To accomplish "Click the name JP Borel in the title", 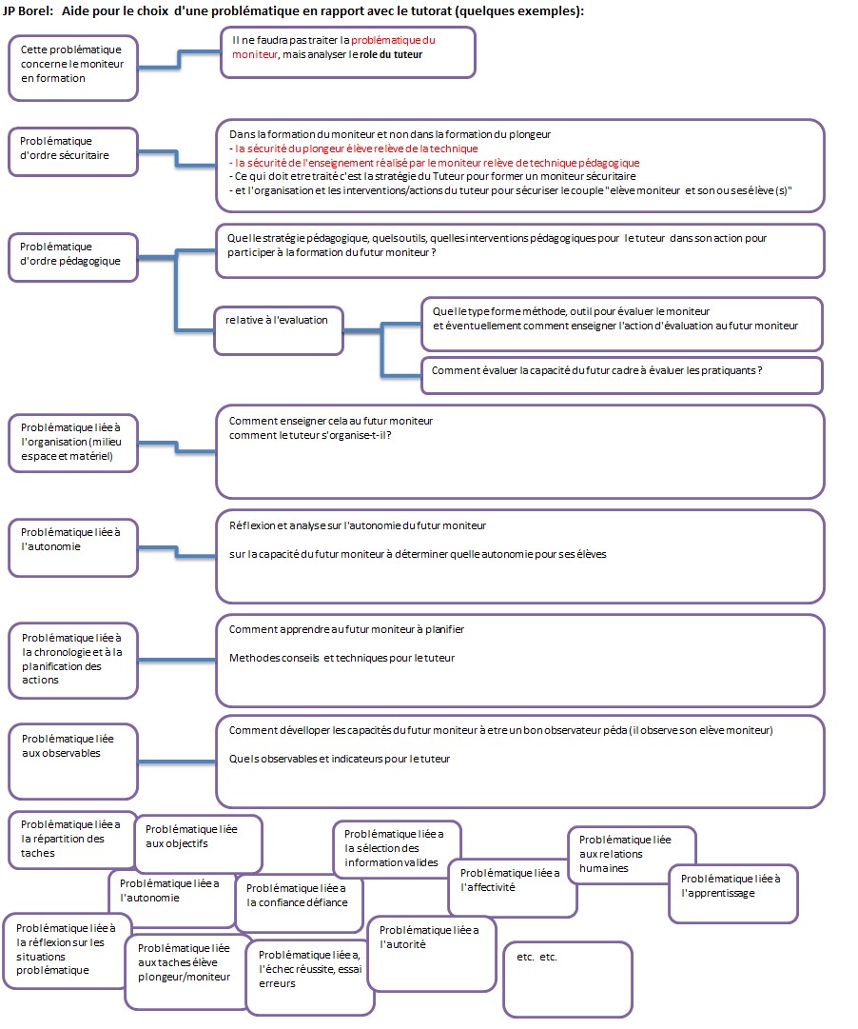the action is pyautogui.click(x=27, y=11).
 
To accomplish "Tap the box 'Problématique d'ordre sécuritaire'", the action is pyautogui.click(x=73, y=151).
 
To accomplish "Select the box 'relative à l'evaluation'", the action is pyautogui.click(x=278, y=330).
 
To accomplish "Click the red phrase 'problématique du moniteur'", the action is pyautogui.click(x=334, y=48).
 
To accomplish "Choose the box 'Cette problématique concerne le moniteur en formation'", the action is pyautogui.click(x=73, y=69).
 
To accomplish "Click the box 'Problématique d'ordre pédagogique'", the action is pyautogui.click(x=73, y=257).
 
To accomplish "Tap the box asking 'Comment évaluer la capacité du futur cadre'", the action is pyautogui.click(x=622, y=375).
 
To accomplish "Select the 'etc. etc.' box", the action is pyautogui.click(x=568, y=980).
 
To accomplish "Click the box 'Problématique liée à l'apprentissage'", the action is pyautogui.click(x=732, y=894).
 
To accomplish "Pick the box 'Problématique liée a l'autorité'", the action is pyautogui.click(x=432, y=954).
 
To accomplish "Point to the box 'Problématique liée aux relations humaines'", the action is pyautogui.click(x=632, y=855).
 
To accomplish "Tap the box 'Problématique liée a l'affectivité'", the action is pyautogui.click(x=513, y=888).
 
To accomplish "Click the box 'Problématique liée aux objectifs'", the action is pyautogui.click(x=198, y=844).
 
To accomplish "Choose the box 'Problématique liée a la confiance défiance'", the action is pyautogui.click(x=299, y=903).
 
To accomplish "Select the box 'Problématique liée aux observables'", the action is pyautogui.click(x=73, y=762).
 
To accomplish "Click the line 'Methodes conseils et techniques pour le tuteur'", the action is pyautogui.click(x=341, y=658).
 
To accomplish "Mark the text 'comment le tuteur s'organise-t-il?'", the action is pyautogui.click(x=310, y=435).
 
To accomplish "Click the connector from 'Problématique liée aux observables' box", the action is pyautogui.click(x=177, y=762).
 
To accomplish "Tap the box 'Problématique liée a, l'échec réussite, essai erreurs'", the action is pyautogui.click(x=310, y=976).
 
